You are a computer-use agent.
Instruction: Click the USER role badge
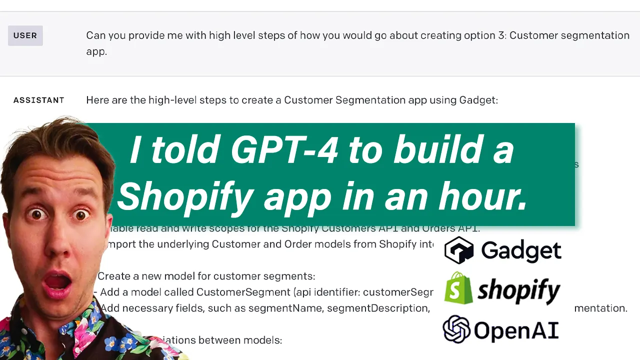pyautogui.click(x=25, y=35)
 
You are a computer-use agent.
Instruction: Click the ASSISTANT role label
pyautogui.click(x=38, y=100)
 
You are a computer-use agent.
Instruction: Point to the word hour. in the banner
pyautogui.click(x=482, y=196)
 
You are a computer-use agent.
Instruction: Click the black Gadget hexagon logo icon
pyautogui.click(x=459, y=250)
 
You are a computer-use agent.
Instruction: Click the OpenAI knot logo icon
pyautogui.click(x=456, y=329)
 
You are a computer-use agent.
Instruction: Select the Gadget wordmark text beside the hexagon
pyautogui.click(x=521, y=250)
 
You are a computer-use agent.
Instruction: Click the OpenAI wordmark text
pyautogui.click(x=515, y=330)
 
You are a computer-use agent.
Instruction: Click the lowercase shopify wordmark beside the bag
pyautogui.click(x=518, y=290)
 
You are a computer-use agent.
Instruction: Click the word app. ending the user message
pyautogui.click(x=96, y=51)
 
